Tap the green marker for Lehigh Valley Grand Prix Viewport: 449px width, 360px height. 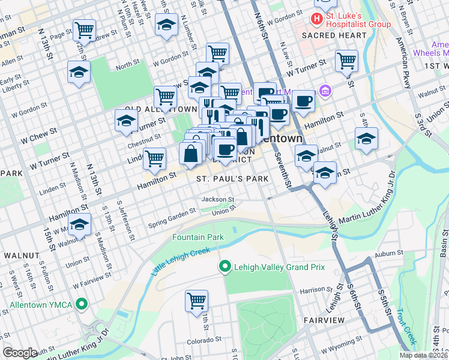pyautogui.click(x=225, y=266)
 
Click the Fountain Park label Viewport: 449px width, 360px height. pyautogui.click(x=198, y=238)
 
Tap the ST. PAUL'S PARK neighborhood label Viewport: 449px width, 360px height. pyautogui.click(x=232, y=179)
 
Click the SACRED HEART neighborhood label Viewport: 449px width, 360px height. pyautogui.click(x=334, y=35)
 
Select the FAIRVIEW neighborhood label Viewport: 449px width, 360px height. pyautogui.click(x=324, y=320)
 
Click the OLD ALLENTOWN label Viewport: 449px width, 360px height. pyautogui.click(x=160, y=109)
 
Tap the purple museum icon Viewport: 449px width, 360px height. pyautogui.click(x=325, y=91)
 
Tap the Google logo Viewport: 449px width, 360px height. pyautogui.click(x=20, y=352)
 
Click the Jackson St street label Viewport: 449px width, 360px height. pyautogui.click(x=217, y=199)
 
